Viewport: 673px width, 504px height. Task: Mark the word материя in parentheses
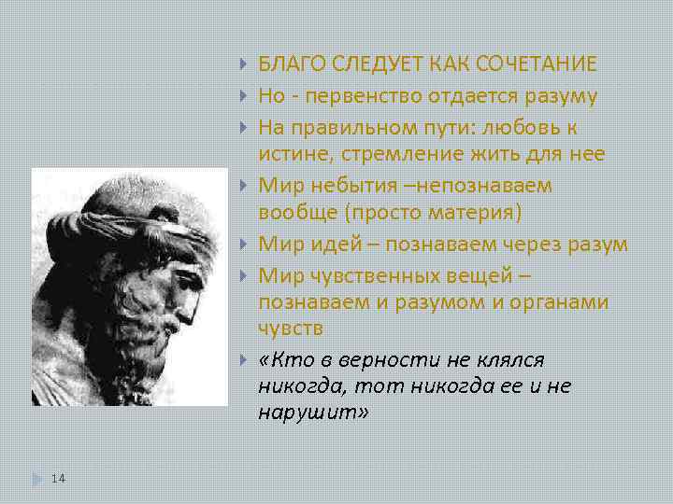tap(475, 211)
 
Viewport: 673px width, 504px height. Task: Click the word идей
tap(357, 244)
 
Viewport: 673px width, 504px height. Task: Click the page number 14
tap(58, 478)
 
